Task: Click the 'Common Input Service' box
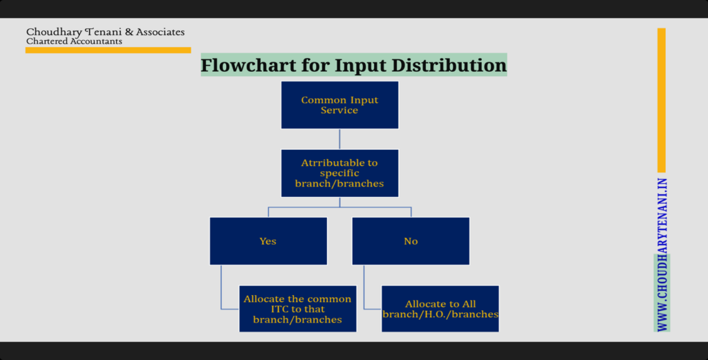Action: pos(339,105)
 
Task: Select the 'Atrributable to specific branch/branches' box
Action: pos(339,173)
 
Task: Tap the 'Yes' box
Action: pos(268,241)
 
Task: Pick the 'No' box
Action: pos(411,241)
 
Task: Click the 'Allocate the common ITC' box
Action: pos(297,309)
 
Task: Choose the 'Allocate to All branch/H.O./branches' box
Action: pos(440,309)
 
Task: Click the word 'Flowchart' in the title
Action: pos(248,65)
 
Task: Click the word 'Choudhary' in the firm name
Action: pos(54,32)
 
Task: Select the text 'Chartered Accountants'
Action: pos(74,41)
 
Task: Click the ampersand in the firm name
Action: pos(129,32)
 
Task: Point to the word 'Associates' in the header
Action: pos(160,32)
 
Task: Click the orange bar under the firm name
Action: pos(109,50)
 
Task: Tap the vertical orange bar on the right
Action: pos(662,100)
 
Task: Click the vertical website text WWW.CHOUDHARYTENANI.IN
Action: pos(662,255)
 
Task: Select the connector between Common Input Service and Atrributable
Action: pos(339,140)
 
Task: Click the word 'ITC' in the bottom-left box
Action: pos(280,310)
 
